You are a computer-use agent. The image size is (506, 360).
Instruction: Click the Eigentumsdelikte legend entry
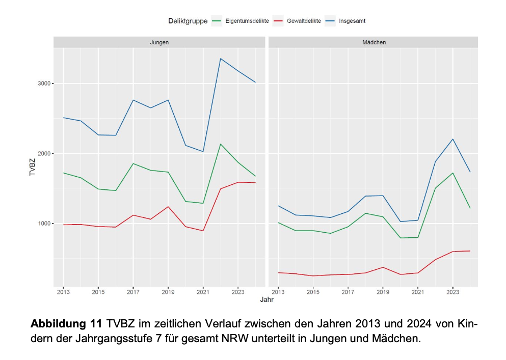point(246,21)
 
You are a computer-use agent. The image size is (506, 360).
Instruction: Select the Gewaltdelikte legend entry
point(302,21)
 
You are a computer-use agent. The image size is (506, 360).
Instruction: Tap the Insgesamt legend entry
point(352,21)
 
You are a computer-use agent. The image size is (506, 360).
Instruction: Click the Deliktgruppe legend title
point(188,21)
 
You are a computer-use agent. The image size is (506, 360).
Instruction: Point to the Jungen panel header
point(160,42)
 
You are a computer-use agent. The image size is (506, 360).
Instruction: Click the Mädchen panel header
point(374,42)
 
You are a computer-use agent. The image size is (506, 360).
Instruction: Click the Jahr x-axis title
point(266,300)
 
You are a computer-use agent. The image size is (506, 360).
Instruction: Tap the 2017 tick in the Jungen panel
point(133,292)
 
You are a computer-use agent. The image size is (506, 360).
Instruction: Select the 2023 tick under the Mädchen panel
point(453,292)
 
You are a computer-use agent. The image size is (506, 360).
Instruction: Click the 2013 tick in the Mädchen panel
point(278,292)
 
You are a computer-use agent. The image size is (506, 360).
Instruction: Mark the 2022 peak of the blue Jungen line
point(220,59)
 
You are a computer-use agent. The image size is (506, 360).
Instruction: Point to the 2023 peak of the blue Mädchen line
point(453,139)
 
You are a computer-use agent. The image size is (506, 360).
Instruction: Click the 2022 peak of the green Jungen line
point(220,144)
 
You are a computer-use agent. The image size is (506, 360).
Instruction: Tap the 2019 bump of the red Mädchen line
point(383,267)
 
